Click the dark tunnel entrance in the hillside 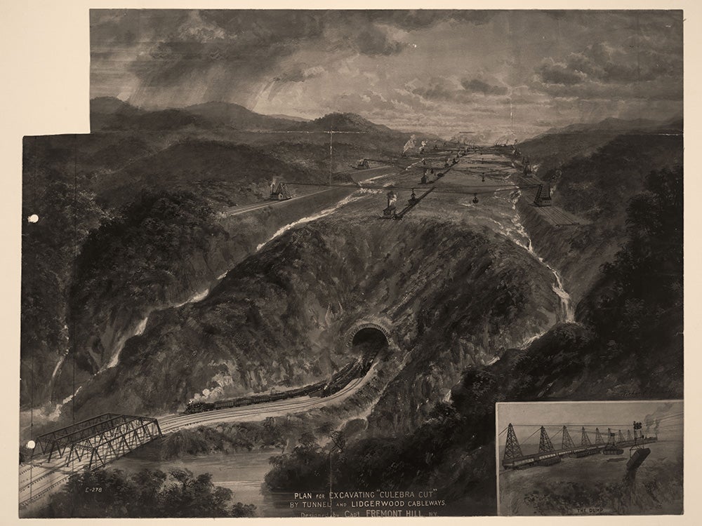tap(369, 342)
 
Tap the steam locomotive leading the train tap(199, 406)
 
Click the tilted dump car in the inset tap(640, 460)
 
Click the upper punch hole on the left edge tap(32, 219)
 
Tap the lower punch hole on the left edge tap(31, 445)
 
